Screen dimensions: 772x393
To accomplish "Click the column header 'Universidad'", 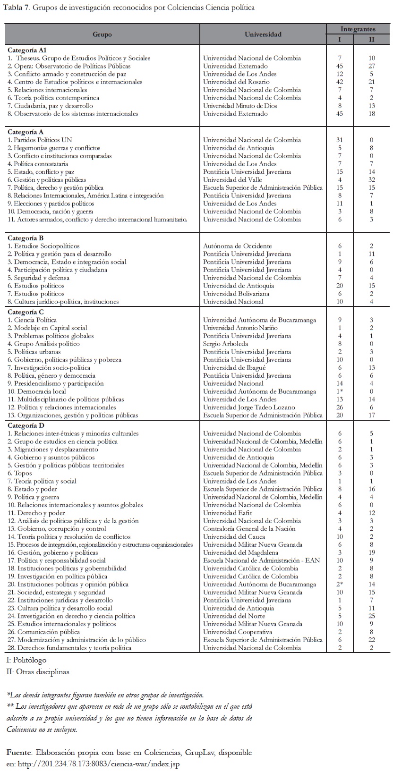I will pyautogui.click(x=263, y=34).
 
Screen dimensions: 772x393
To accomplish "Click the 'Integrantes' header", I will pyautogui.click(x=358, y=29).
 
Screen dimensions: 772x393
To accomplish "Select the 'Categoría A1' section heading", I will pyautogui.click(x=27, y=50).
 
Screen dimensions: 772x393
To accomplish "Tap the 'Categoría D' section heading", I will pyautogui.click(x=26, y=425).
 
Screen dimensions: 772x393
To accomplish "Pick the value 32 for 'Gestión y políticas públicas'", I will pyautogui.click(x=371, y=179).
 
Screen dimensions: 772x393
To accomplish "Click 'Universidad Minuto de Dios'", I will pyautogui.click(x=240, y=106).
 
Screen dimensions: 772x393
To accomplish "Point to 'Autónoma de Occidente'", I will pyautogui.click(x=237, y=246).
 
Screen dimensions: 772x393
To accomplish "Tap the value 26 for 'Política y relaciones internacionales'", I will pyautogui.click(x=340, y=407).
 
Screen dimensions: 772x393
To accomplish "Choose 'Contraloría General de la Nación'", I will pyautogui.click(x=249, y=529).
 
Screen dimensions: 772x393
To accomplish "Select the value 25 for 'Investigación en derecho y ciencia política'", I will pyautogui.click(x=371, y=616).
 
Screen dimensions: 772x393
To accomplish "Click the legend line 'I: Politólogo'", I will pyautogui.click(x=26, y=660).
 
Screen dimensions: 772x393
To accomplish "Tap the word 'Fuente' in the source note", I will pyautogui.click(x=18, y=752).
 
